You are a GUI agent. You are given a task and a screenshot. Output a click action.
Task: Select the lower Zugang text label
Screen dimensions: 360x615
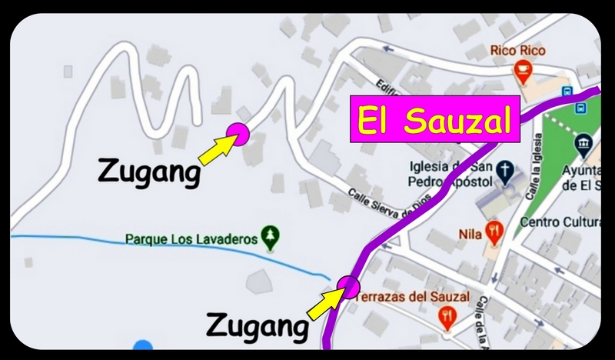tap(256, 327)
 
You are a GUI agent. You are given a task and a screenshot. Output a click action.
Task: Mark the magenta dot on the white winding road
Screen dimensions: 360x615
tap(237, 134)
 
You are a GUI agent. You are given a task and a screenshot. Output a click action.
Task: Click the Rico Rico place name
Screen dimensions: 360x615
tap(518, 52)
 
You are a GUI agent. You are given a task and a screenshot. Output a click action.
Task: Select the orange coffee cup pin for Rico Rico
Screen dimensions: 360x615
tap(523, 73)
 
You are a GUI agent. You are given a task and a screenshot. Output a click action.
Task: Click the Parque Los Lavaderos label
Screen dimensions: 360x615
tap(191, 239)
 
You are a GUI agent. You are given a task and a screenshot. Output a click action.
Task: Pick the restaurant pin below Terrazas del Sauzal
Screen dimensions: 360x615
tap(446, 316)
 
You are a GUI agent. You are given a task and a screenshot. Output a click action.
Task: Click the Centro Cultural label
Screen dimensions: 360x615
tap(560, 223)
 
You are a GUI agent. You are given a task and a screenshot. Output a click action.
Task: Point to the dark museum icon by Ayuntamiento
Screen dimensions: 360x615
tap(585, 143)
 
